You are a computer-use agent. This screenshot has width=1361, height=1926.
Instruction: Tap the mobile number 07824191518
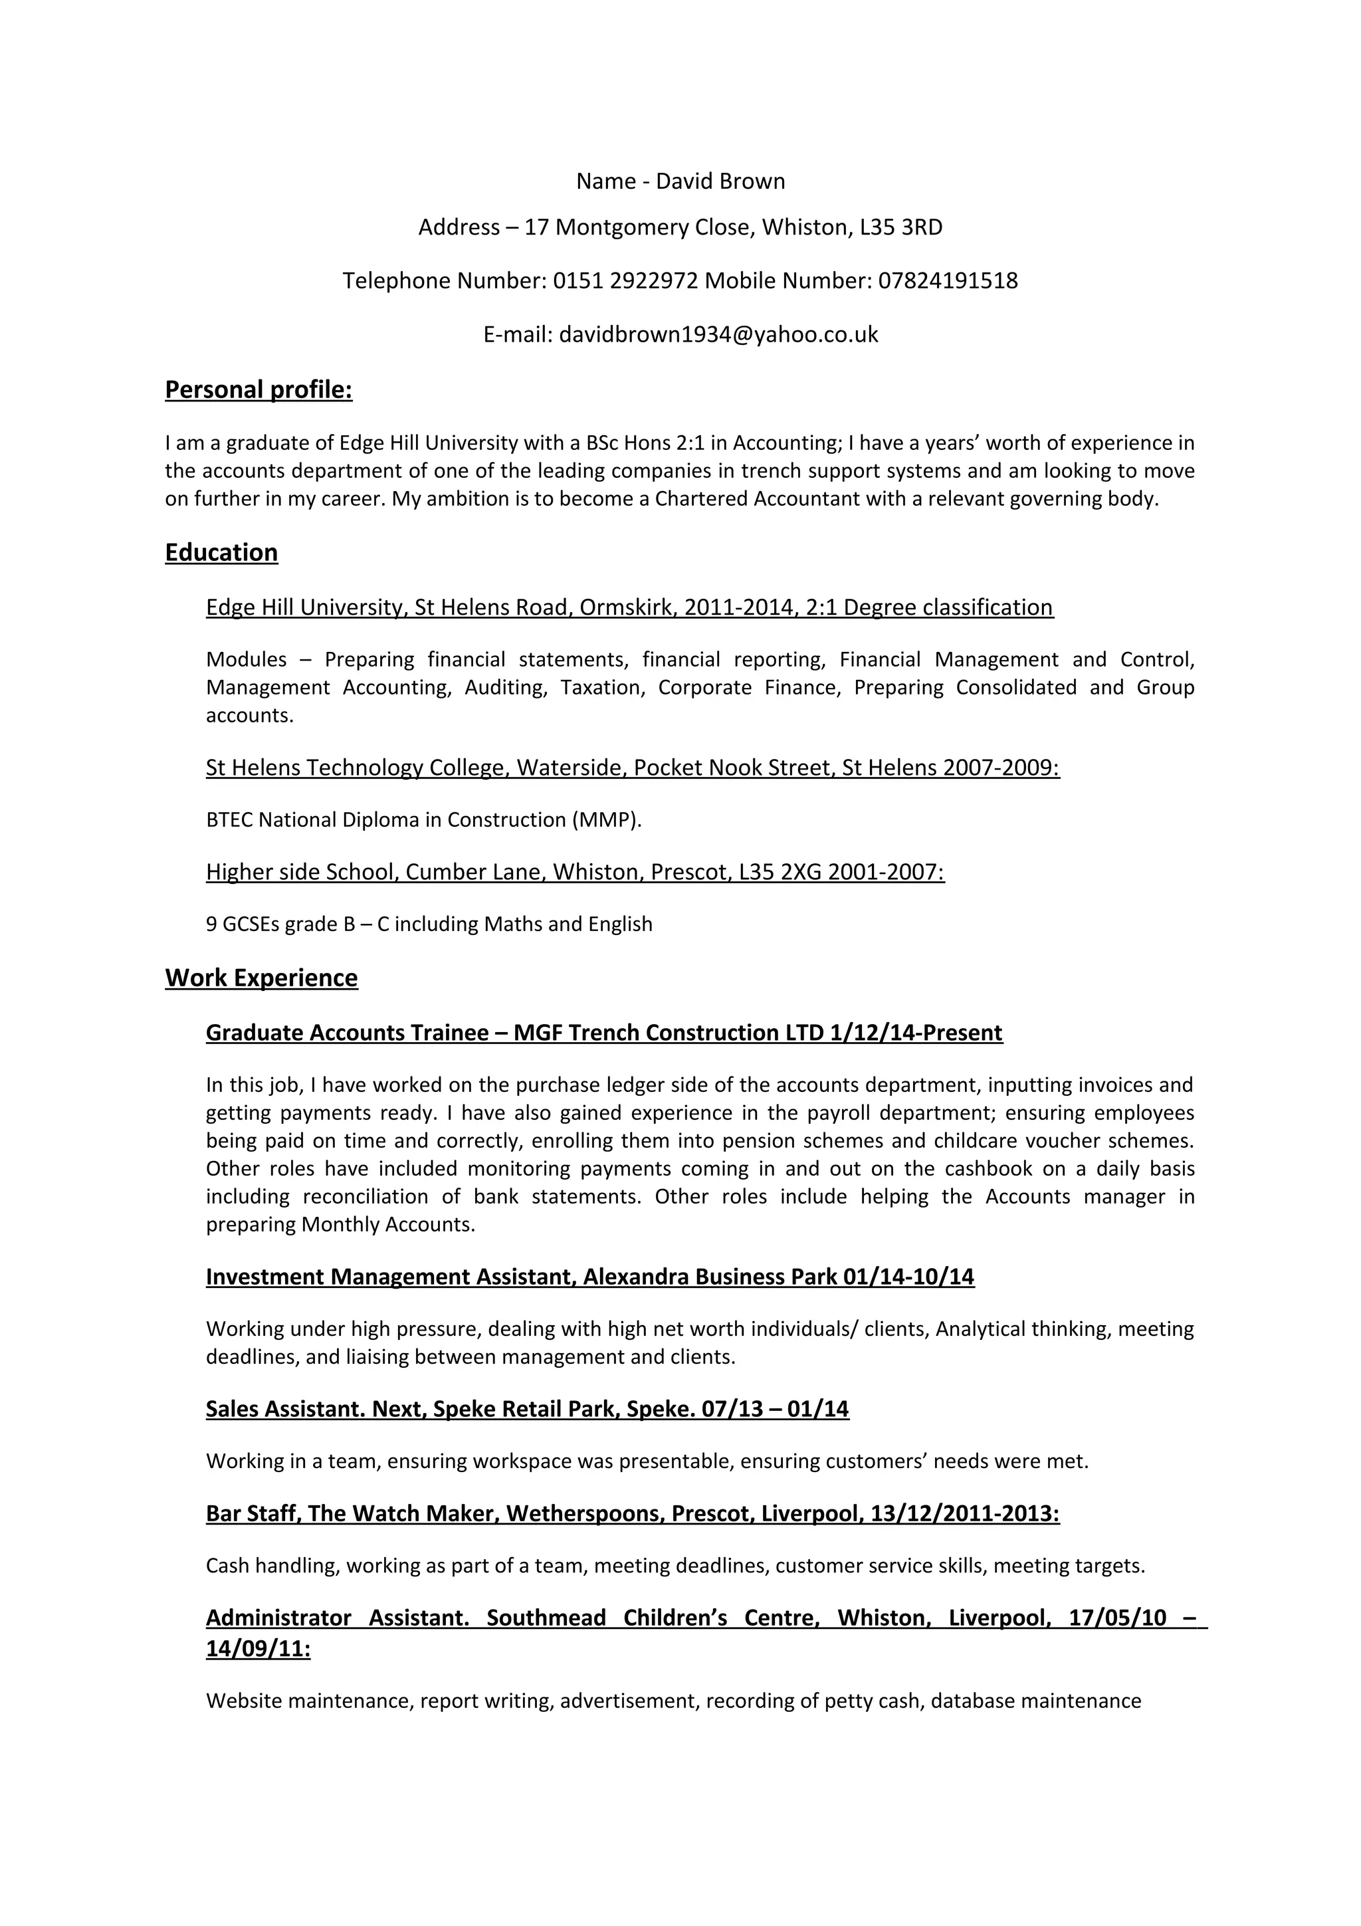948,280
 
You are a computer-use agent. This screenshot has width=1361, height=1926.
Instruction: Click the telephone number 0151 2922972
625,280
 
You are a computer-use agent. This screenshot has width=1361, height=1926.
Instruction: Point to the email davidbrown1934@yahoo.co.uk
718,335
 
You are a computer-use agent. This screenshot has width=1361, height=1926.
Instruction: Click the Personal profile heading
259,390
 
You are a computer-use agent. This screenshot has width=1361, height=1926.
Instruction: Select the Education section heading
221,553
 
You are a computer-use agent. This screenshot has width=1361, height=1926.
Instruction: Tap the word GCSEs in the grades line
251,924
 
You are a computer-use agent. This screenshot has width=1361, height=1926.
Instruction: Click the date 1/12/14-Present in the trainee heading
916,1033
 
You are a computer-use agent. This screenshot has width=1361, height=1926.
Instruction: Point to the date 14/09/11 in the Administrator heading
257,1649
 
